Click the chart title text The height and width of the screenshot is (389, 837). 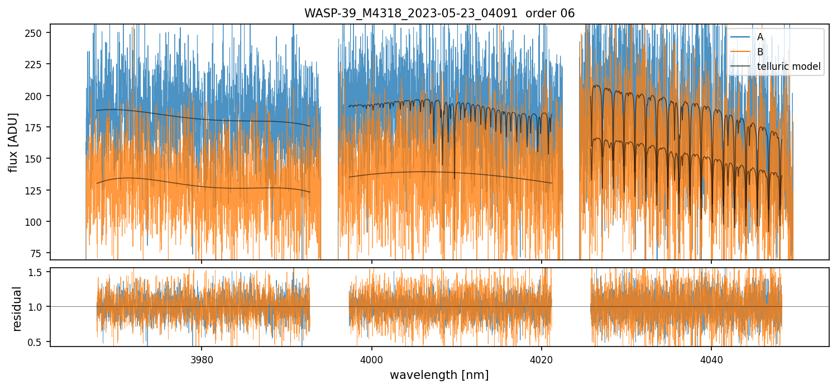click(x=439, y=13)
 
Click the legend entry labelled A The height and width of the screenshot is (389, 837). click(x=760, y=37)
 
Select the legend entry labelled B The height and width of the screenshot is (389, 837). click(x=760, y=52)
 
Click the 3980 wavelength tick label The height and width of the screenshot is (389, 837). click(x=202, y=358)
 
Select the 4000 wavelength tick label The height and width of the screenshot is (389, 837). click(x=372, y=358)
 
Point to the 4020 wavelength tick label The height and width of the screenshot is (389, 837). click(x=542, y=358)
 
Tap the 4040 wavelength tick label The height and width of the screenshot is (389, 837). click(x=711, y=358)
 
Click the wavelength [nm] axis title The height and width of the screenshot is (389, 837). click(x=439, y=374)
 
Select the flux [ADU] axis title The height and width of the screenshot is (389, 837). click(x=13, y=142)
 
